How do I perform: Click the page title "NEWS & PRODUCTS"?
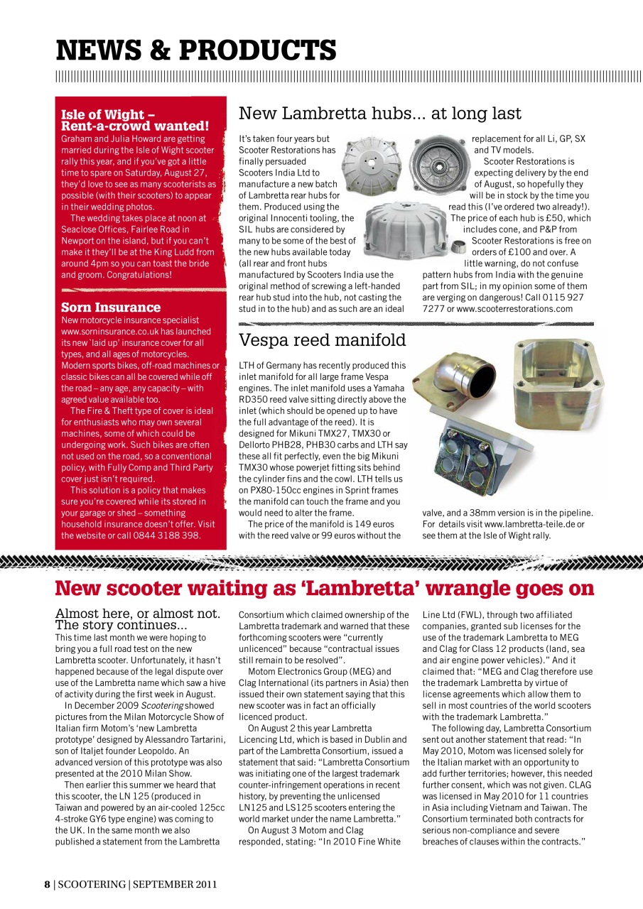[x=196, y=50]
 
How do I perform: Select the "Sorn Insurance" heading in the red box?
[x=111, y=307]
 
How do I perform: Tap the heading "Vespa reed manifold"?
[x=322, y=340]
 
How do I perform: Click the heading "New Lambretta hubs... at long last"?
[x=379, y=114]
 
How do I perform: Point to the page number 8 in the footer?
[x=47, y=884]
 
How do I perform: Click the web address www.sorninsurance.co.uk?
[x=136, y=332]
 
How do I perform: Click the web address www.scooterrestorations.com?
[x=514, y=309]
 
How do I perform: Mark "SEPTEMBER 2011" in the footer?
[x=175, y=884]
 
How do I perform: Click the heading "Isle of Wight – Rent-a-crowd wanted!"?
[x=135, y=120]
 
